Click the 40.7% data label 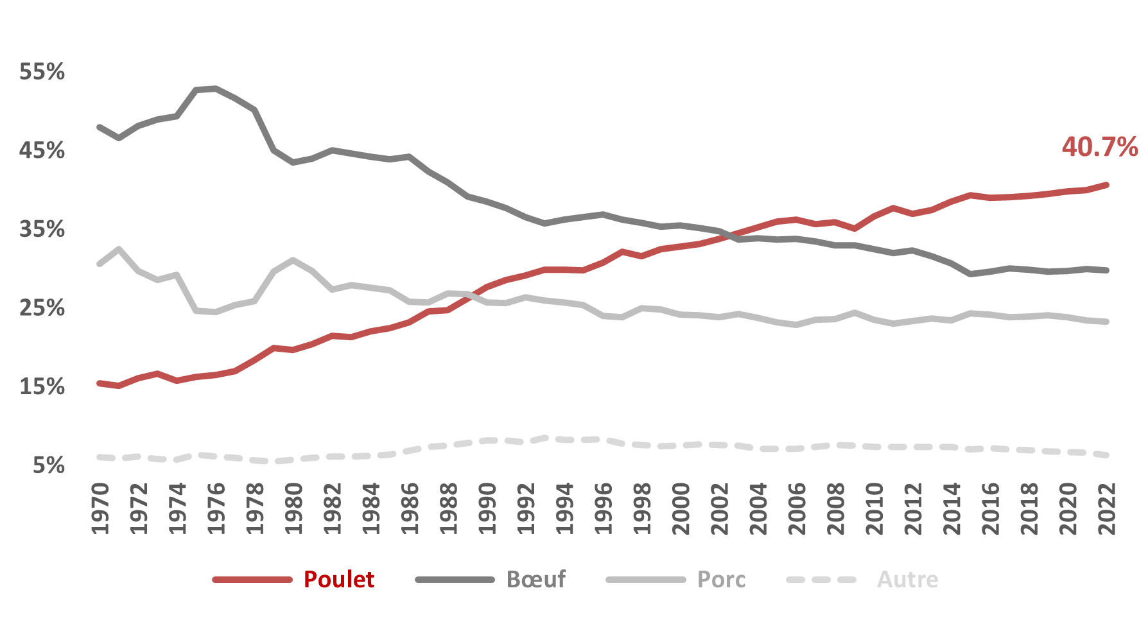[1099, 147]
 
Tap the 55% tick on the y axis [42, 71]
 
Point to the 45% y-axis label [42, 150]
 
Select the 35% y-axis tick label [42, 229]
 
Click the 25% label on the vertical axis [42, 308]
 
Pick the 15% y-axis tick [42, 386]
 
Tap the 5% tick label [49, 465]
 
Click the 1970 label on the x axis [100, 508]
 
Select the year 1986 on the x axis [410, 508]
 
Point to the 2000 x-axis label [681, 508]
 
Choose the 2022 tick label [1106, 508]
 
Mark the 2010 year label [874, 508]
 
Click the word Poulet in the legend [338, 579]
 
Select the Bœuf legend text [536, 579]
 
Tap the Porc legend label [721, 579]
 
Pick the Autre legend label [907, 579]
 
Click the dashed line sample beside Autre [821, 580]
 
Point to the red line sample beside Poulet [252, 580]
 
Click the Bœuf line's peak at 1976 [216, 89]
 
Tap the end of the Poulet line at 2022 [1106, 185]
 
